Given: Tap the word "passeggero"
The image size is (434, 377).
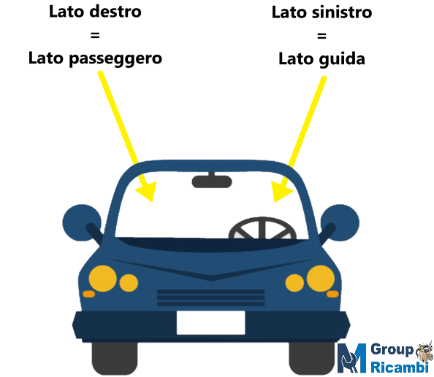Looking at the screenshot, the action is (115, 59).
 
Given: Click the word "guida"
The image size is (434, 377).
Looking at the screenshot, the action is (342, 59).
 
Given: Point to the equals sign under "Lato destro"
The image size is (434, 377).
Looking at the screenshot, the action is (95, 35).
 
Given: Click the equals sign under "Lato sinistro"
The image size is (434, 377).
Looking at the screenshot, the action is (321, 36).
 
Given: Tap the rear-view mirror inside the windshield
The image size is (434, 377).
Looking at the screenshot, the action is (212, 181).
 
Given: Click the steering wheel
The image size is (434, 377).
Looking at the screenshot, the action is (262, 228).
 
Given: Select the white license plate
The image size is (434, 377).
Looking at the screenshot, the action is (211, 322).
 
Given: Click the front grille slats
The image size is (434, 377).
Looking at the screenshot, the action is (211, 298).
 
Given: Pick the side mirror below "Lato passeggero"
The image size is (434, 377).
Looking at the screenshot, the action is (82, 223).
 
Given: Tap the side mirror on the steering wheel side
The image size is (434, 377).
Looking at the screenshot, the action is (340, 223).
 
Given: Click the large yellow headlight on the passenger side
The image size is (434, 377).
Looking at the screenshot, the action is (103, 279).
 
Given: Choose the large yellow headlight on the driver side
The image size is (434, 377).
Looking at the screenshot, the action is (321, 279).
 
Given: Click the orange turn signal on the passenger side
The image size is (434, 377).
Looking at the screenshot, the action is (89, 294).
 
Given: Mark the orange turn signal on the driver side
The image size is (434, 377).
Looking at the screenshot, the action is (332, 294).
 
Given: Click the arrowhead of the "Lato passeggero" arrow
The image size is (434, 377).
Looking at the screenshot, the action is (148, 191).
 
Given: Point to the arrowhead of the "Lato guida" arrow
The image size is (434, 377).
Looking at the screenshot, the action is (281, 192).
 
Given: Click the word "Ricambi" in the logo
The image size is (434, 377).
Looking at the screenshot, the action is (400, 367).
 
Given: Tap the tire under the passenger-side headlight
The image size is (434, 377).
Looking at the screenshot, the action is (115, 358).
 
